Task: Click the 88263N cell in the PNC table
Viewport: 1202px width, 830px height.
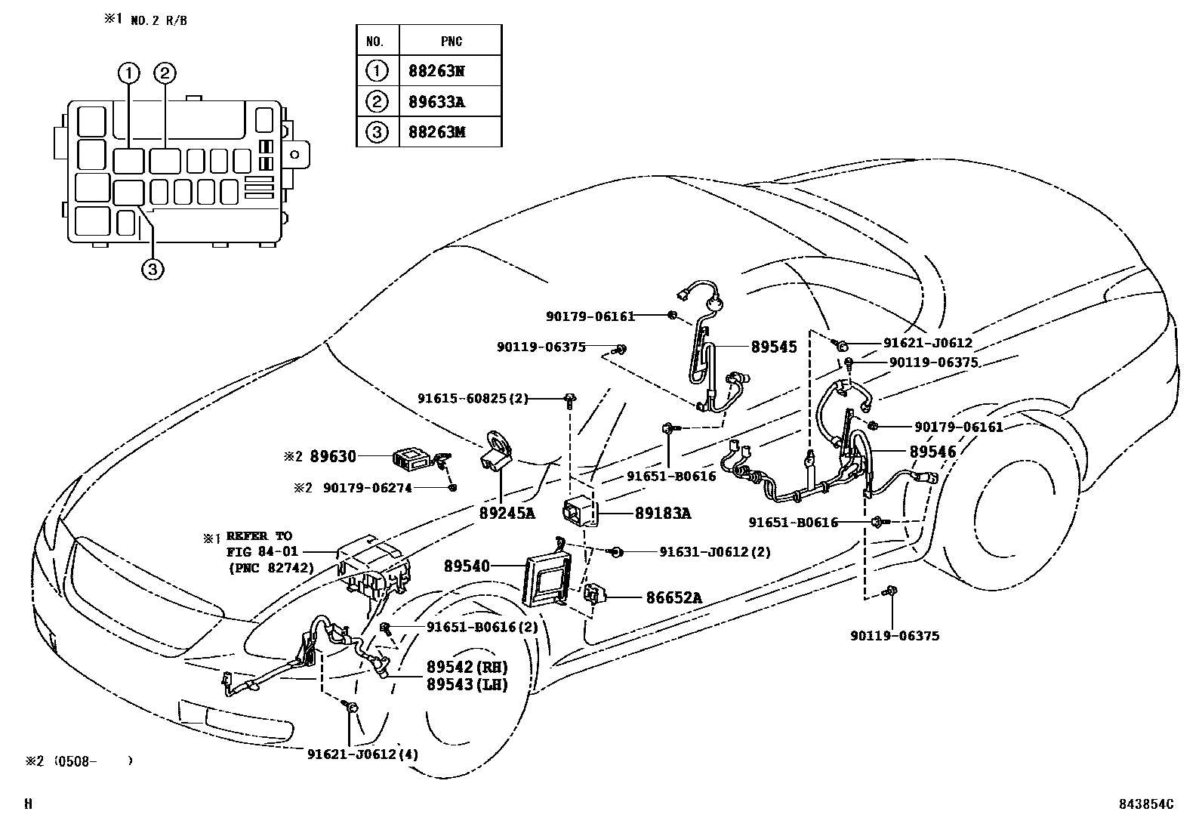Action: click(436, 71)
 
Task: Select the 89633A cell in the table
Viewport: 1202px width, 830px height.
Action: click(436, 102)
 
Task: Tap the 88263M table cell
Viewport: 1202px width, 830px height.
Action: click(436, 132)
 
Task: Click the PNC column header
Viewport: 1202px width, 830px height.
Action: click(450, 41)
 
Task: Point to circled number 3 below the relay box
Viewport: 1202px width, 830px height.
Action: click(152, 269)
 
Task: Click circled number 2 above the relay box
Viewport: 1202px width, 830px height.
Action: click(165, 73)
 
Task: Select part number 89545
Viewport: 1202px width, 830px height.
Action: click(774, 347)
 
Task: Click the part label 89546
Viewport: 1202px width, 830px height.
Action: click(932, 452)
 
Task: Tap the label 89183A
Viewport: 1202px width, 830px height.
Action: click(663, 514)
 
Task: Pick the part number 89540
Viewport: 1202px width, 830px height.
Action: click(467, 566)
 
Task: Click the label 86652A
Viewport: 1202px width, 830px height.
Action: click(673, 598)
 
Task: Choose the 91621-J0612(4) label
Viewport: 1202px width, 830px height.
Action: click(363, 754)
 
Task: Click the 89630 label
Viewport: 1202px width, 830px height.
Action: click(333, 456)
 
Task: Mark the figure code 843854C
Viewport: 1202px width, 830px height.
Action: click(1146, 805)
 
